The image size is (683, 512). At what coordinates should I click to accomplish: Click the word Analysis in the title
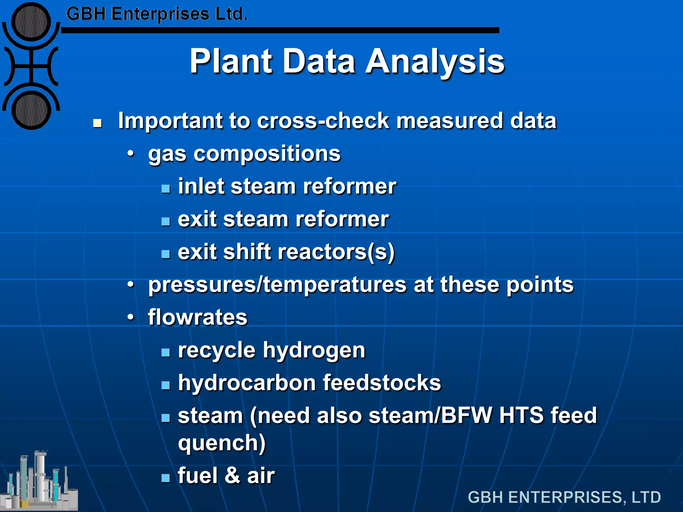[x=435, y=62]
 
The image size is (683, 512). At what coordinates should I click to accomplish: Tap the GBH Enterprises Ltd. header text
[x=157, y=14]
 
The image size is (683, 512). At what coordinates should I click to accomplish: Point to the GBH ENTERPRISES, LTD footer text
[x=564, y=497]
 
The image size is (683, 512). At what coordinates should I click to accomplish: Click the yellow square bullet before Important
[x=97, y=123]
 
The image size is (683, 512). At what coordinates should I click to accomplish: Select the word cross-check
[x=323, y=121]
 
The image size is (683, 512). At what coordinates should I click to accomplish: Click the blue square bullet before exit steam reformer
[x=166, y=221]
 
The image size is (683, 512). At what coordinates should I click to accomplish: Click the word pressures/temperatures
[x=277, y=285]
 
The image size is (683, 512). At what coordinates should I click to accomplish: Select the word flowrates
[x=197, y=317]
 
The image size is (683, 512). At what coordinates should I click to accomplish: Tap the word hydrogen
[x=314, y=351]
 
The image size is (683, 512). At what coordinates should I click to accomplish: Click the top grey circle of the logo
[x=31, y=22]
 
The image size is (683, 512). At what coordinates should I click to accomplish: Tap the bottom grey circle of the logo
[x=31, y=111]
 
